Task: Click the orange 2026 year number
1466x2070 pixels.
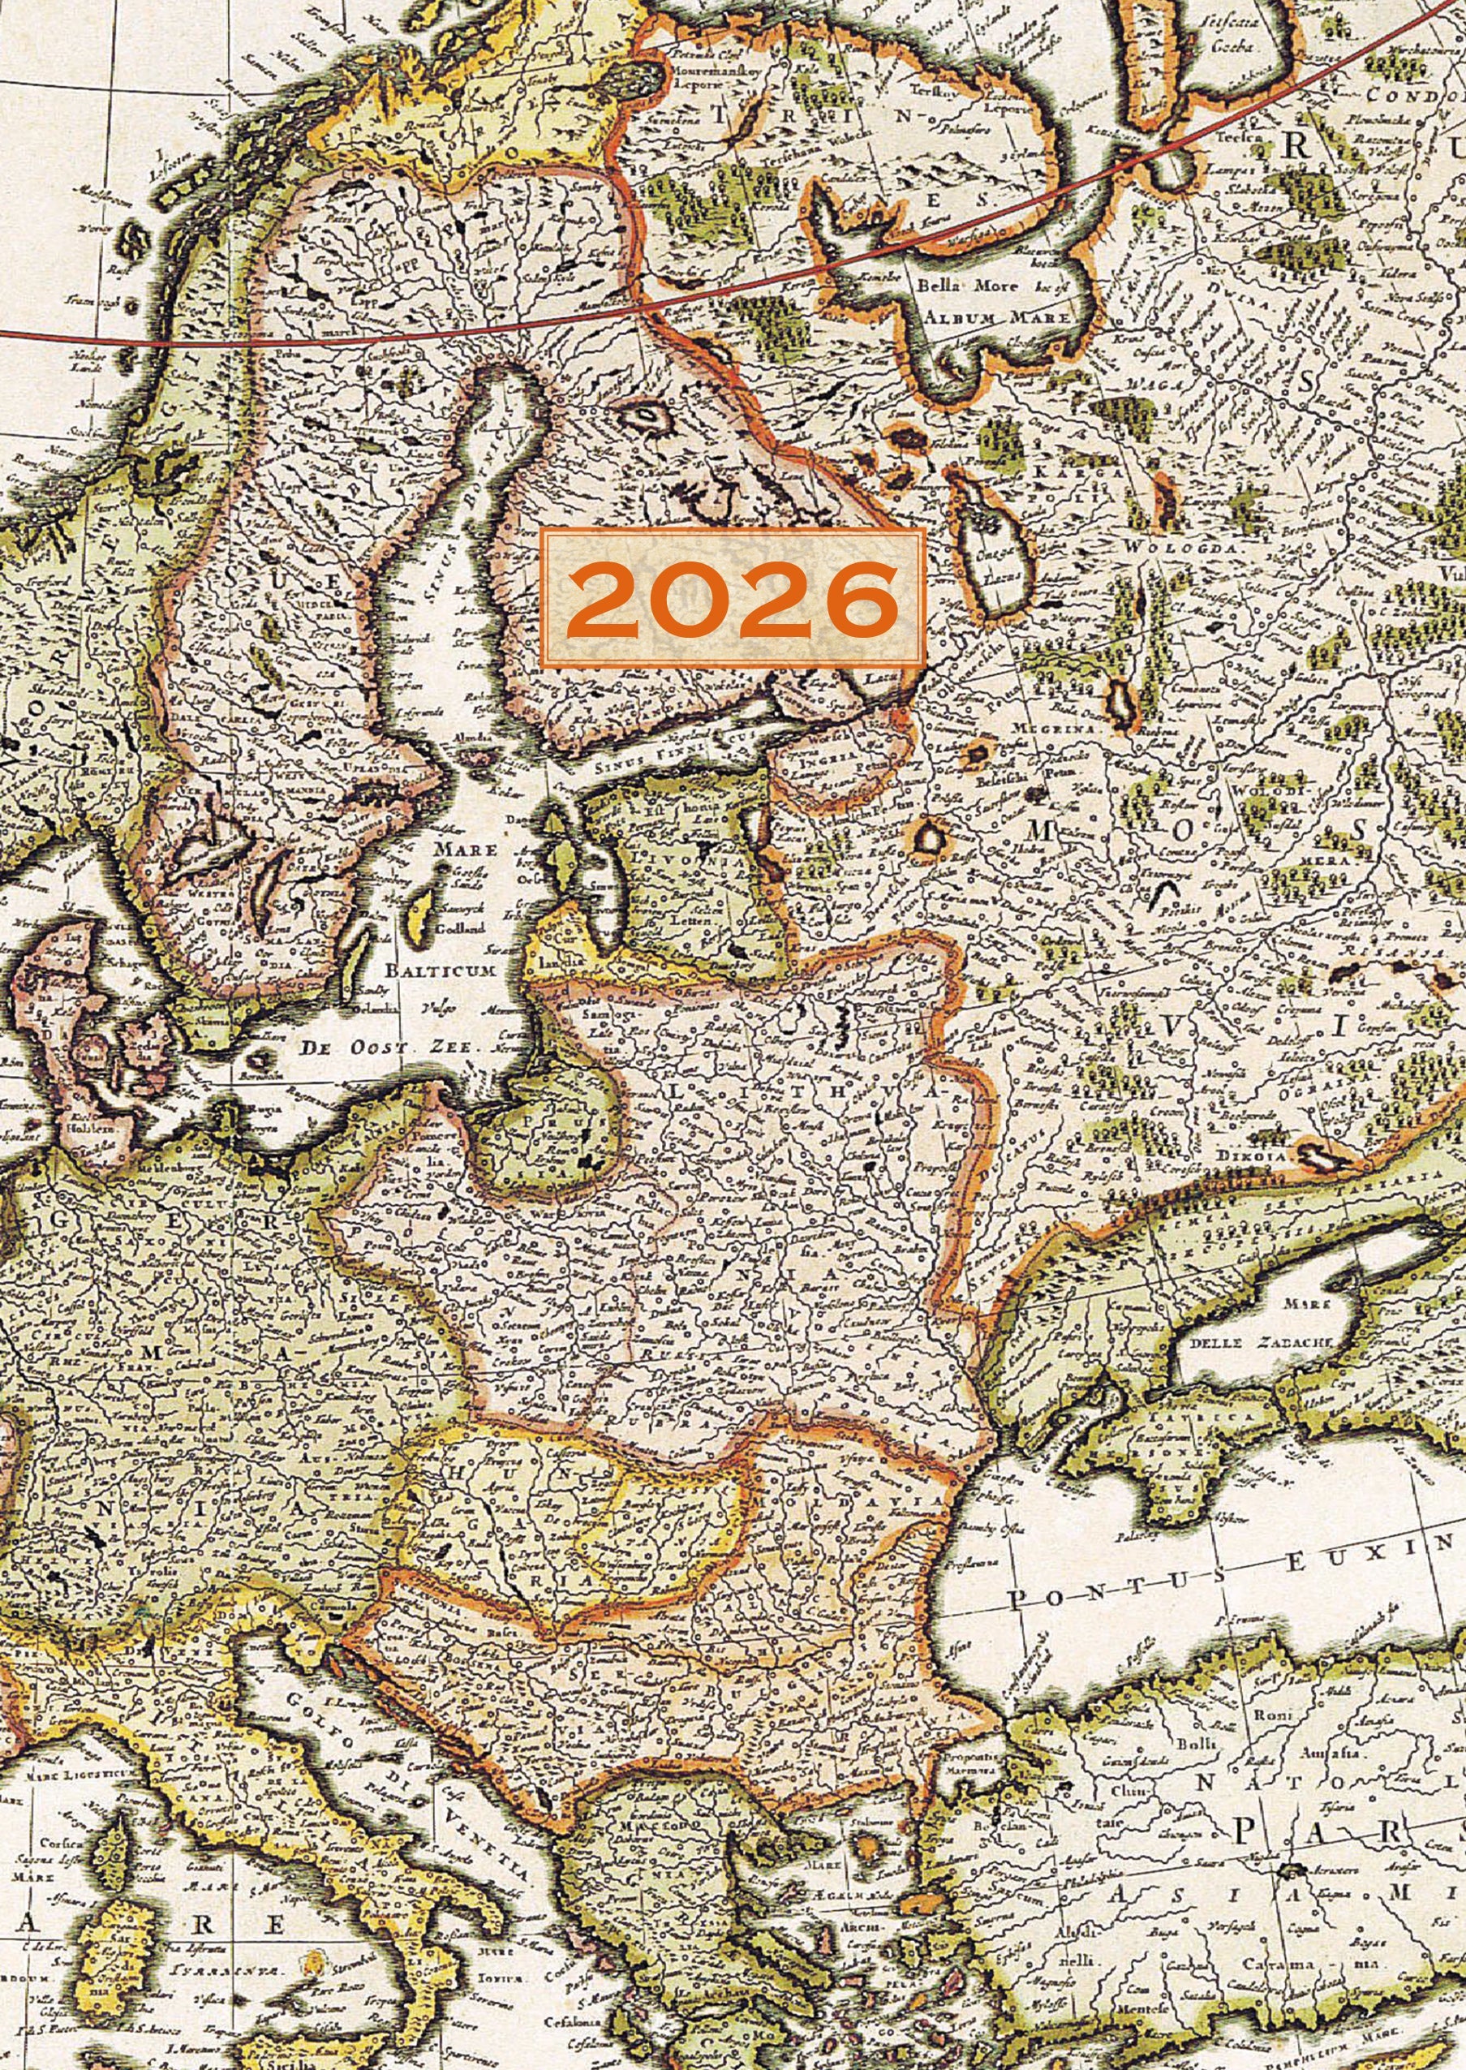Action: (x=731, y=599)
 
